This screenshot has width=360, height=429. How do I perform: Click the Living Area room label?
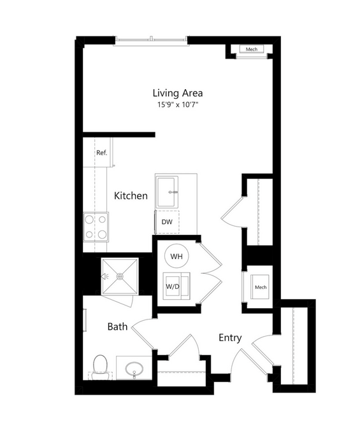pos(178,93)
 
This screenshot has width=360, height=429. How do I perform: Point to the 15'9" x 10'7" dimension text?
pos(178,104)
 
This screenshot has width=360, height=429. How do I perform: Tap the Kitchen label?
pos(131,195)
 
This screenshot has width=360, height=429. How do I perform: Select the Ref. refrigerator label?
pos(102,153)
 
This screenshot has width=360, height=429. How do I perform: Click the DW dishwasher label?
pos(167,222)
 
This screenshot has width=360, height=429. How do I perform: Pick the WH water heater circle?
pos(176,257)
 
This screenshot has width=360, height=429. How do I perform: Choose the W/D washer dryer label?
pos(173,286)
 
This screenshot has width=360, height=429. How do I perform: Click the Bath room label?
pos(117,327)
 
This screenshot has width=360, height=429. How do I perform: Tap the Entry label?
pos(230,338)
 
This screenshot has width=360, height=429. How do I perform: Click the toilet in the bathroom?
pos(100,367)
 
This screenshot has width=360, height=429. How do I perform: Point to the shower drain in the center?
pos(120,277)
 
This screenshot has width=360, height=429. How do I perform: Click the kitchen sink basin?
pos(167,192)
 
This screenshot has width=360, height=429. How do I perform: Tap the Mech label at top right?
pos(252,49)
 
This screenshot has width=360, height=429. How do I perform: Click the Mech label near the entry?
pos(261,287)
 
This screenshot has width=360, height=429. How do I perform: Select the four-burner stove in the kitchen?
pos(96,227)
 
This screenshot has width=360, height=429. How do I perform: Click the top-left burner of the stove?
pos(89,220)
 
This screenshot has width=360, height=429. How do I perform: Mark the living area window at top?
pos(151,41)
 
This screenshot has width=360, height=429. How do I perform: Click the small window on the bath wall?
pos(85,320)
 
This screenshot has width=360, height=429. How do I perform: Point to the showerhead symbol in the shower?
pos(105,277)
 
